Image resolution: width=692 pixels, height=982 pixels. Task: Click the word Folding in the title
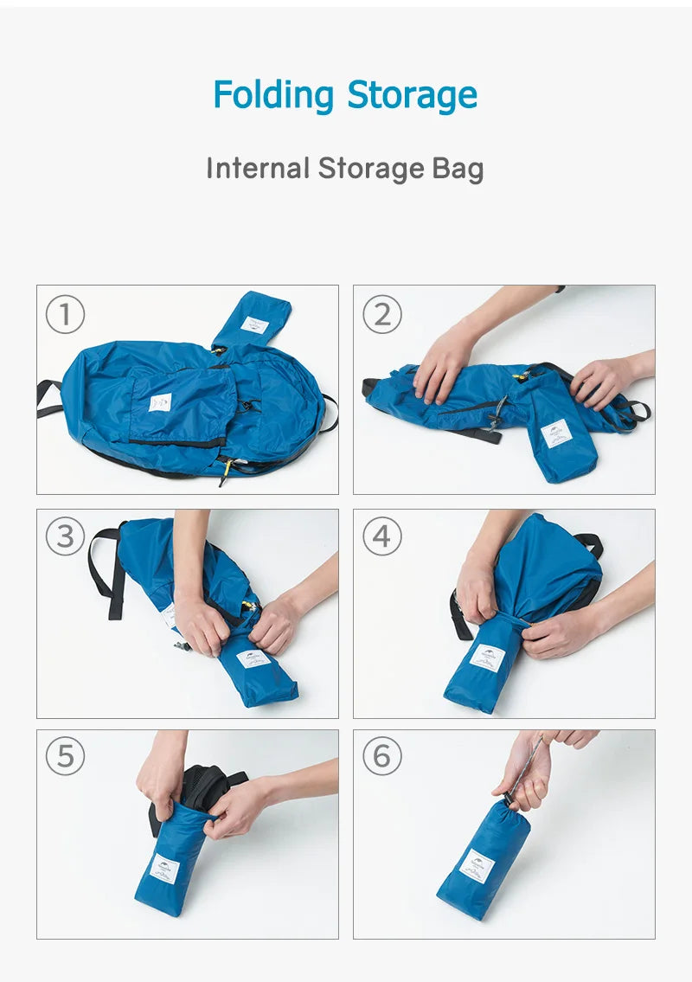(x=273, y=95)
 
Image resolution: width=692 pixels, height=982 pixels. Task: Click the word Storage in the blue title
(x=412, y=95)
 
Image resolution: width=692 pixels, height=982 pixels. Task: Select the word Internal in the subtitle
(x=257, y=168)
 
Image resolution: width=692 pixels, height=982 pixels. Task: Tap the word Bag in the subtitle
(x=458, y=169)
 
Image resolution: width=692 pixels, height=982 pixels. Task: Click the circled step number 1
(x=65, y=315)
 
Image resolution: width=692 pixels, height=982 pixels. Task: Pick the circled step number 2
(x=381, y=315)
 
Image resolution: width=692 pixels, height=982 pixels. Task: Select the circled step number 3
(x=65, y=537)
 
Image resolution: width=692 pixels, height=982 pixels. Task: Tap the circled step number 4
(x=381, y=537)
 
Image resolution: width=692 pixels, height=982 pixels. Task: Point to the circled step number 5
(x=65, y=757)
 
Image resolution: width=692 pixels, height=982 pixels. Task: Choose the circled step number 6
(x=381, y=757)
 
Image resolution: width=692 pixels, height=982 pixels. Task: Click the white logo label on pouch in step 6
(x=477, y=865)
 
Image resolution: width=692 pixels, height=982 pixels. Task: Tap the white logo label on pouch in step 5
(x=164, y=868)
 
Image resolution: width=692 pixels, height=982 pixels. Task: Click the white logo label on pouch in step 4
(x=487, y=658)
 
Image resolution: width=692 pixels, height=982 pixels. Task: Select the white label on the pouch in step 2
(x=556, y=433)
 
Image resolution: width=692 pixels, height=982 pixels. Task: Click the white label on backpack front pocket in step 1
(x=160, y=402)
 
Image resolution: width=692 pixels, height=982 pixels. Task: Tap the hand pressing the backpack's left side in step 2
(x=443, y=363)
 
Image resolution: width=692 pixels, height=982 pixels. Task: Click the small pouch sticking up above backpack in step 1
(x=253, y=320)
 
